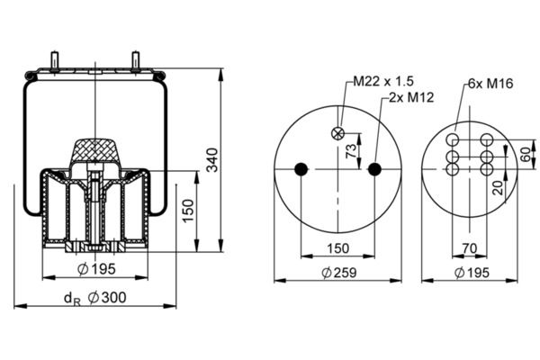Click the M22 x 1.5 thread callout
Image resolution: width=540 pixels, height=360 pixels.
[x=383, y=81]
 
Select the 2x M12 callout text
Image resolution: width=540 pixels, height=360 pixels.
[x=411, y=97]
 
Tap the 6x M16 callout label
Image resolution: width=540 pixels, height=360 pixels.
[x=490, y=83]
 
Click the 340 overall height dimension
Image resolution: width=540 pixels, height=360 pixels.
[x=212, y=160]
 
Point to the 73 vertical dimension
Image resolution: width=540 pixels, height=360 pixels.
[x=351, y=151]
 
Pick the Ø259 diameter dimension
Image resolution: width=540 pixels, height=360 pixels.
[x=339, y=273]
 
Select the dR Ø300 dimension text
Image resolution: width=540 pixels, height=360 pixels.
[x=95, y=298]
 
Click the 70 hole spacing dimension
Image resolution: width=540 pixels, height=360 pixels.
[x=470, y=248]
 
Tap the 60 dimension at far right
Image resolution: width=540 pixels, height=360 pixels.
[x=526, y=154]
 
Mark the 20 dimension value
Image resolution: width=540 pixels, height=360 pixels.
[x=499, y=188]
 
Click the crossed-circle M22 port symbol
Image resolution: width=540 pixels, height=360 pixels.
[x=337, y=133]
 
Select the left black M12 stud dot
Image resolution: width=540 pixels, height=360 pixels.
[x=301, y=169]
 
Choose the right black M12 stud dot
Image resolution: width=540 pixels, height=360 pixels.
[x=374, y=169]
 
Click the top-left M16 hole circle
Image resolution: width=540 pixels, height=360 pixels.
[x=453, y=140]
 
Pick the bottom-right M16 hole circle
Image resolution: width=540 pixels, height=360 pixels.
[x=487, y=169]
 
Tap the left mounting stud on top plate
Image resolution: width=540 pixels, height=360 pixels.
[x=54, y=61]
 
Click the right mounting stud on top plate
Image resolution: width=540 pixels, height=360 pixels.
[x=135, y=61]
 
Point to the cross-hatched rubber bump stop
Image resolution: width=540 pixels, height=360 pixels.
[x=95, y=150]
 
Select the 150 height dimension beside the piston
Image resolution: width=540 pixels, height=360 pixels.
[x=188, y=211]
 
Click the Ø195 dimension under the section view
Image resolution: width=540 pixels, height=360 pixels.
[x=96, y=269]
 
